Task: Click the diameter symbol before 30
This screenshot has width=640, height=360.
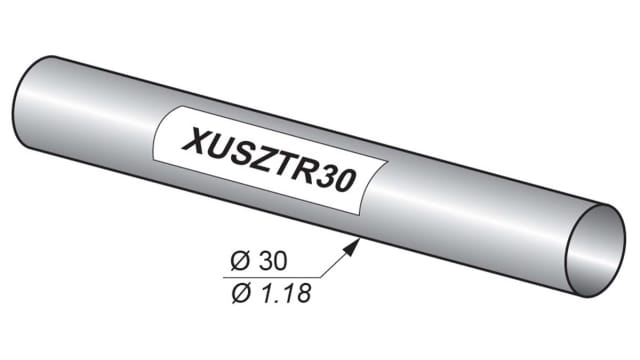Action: click(239, 262)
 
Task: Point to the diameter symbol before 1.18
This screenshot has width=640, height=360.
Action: click(239, 293)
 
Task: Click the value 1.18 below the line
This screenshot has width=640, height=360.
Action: click(281, 293)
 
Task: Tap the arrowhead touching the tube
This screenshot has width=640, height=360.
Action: click(354, 243)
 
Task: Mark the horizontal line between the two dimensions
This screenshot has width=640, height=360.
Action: click(270, 277)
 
